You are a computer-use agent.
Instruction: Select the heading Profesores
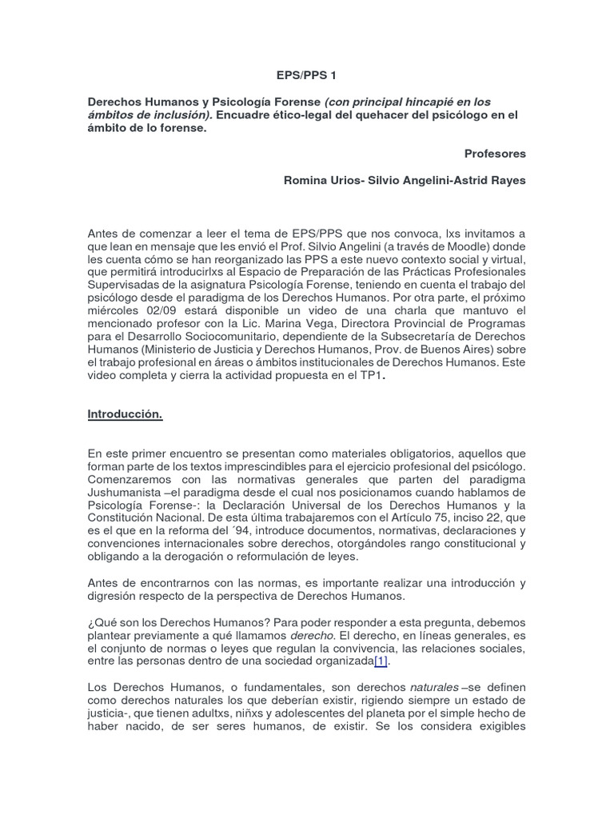pos(495,154)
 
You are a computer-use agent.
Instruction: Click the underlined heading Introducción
pos(125,414)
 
